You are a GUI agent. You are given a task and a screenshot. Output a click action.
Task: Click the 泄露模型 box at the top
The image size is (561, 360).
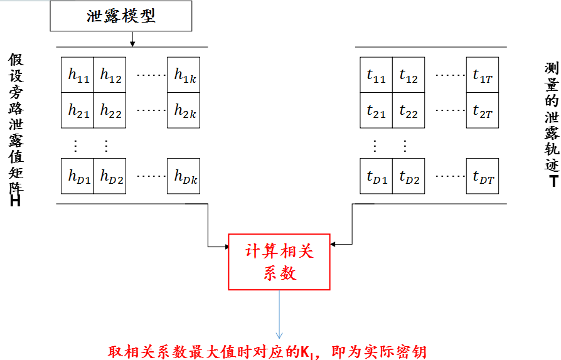point(121,15)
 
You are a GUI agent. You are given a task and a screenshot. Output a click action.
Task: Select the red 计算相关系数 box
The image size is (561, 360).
point(279,262)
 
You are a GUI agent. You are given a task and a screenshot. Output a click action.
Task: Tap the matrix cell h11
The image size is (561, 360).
point(77,75)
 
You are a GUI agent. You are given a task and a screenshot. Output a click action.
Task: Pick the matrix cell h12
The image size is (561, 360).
point(110,75)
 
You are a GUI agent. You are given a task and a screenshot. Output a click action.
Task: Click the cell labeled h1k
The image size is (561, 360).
point(184,75)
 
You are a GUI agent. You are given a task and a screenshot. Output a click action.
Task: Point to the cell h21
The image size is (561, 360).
point(77,111)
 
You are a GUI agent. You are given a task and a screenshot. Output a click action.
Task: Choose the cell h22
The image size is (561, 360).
point(110,111)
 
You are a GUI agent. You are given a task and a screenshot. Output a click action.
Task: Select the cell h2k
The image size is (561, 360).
point(184,111)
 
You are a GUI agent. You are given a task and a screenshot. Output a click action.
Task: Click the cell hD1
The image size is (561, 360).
point(77,176)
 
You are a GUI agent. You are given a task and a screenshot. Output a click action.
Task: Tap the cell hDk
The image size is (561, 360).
point(184,176)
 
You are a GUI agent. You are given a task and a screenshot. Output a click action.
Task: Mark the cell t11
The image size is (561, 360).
point(376,75)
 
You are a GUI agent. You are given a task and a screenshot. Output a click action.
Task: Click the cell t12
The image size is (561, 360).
point(409,75)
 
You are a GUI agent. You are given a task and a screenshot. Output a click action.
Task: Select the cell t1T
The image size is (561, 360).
point(483,75)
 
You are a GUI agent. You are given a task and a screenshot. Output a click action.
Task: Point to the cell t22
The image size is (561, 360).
point(409,111)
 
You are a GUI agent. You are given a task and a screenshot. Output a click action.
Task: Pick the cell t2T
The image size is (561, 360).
point(483,111)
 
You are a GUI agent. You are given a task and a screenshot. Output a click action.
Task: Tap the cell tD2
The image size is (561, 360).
point(409,176)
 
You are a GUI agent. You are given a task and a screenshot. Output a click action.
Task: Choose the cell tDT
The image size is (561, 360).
point(483,176)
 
